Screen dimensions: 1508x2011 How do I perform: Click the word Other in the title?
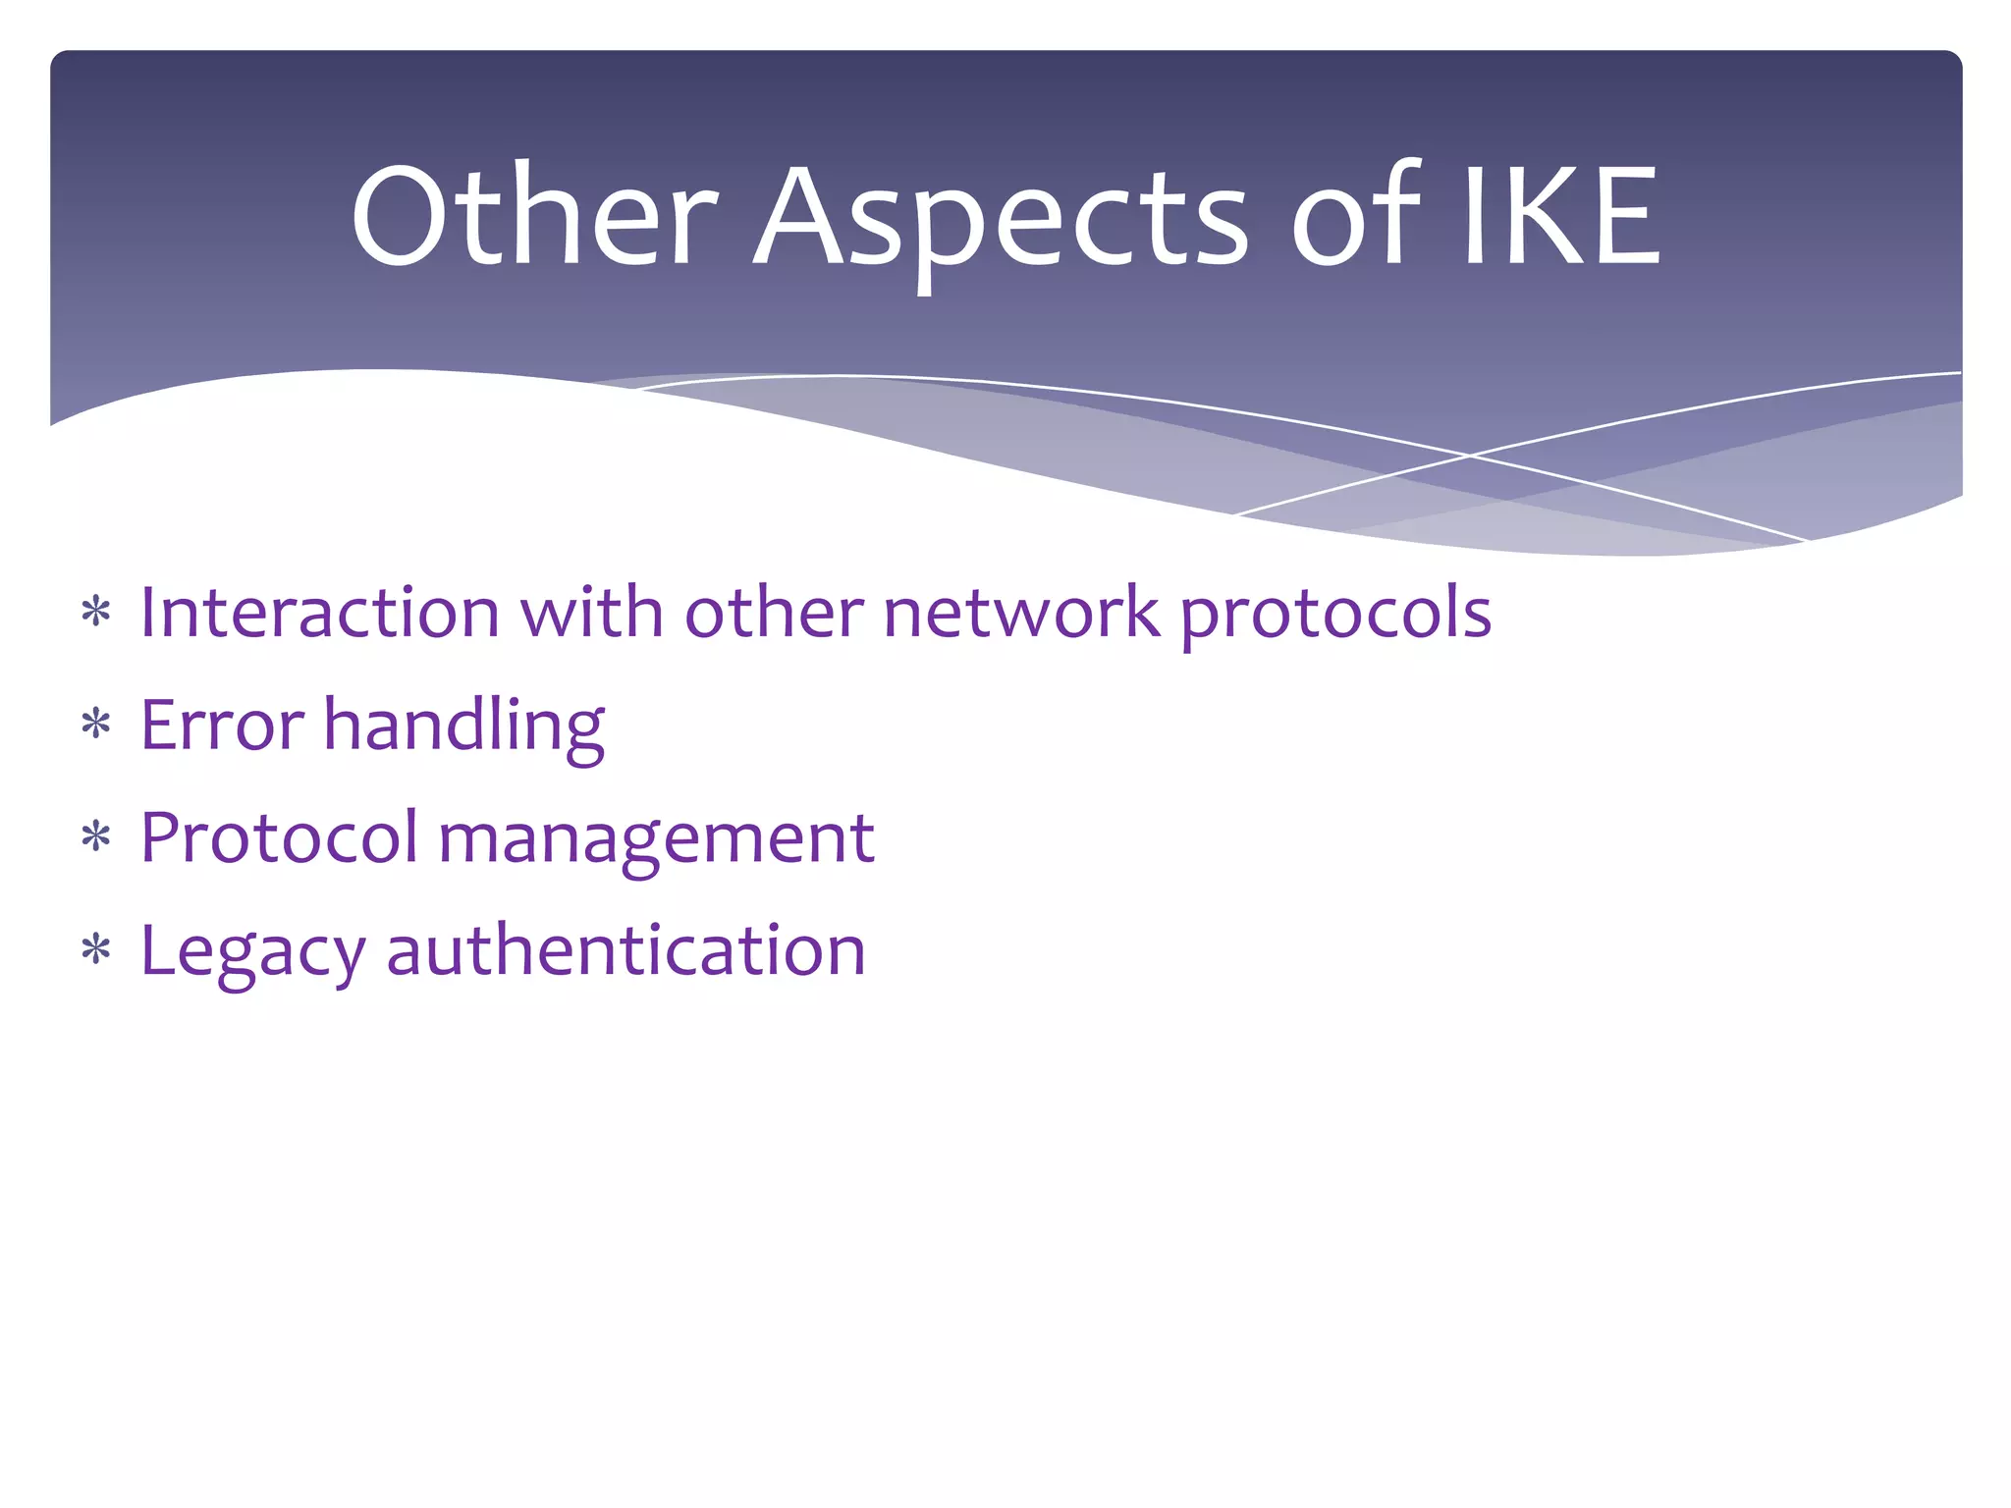(535, 216)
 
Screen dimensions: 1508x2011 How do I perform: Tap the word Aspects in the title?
(1002, 221)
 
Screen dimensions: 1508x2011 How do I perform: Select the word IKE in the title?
(1561, 216)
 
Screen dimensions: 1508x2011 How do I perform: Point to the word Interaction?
(320, 613)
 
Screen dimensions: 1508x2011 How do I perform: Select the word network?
(1021, 613)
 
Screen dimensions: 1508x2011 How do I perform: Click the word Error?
(223, 726)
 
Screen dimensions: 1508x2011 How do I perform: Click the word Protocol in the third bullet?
(280, 838)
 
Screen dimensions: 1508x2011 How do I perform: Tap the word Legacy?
(253, 953)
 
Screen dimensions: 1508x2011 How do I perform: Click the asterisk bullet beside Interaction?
(96, 613)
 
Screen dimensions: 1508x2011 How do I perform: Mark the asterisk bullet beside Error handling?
(96, 726)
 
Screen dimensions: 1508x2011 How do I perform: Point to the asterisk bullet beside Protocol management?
(96, 838)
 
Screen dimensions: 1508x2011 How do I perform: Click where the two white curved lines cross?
(1470, 456)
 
